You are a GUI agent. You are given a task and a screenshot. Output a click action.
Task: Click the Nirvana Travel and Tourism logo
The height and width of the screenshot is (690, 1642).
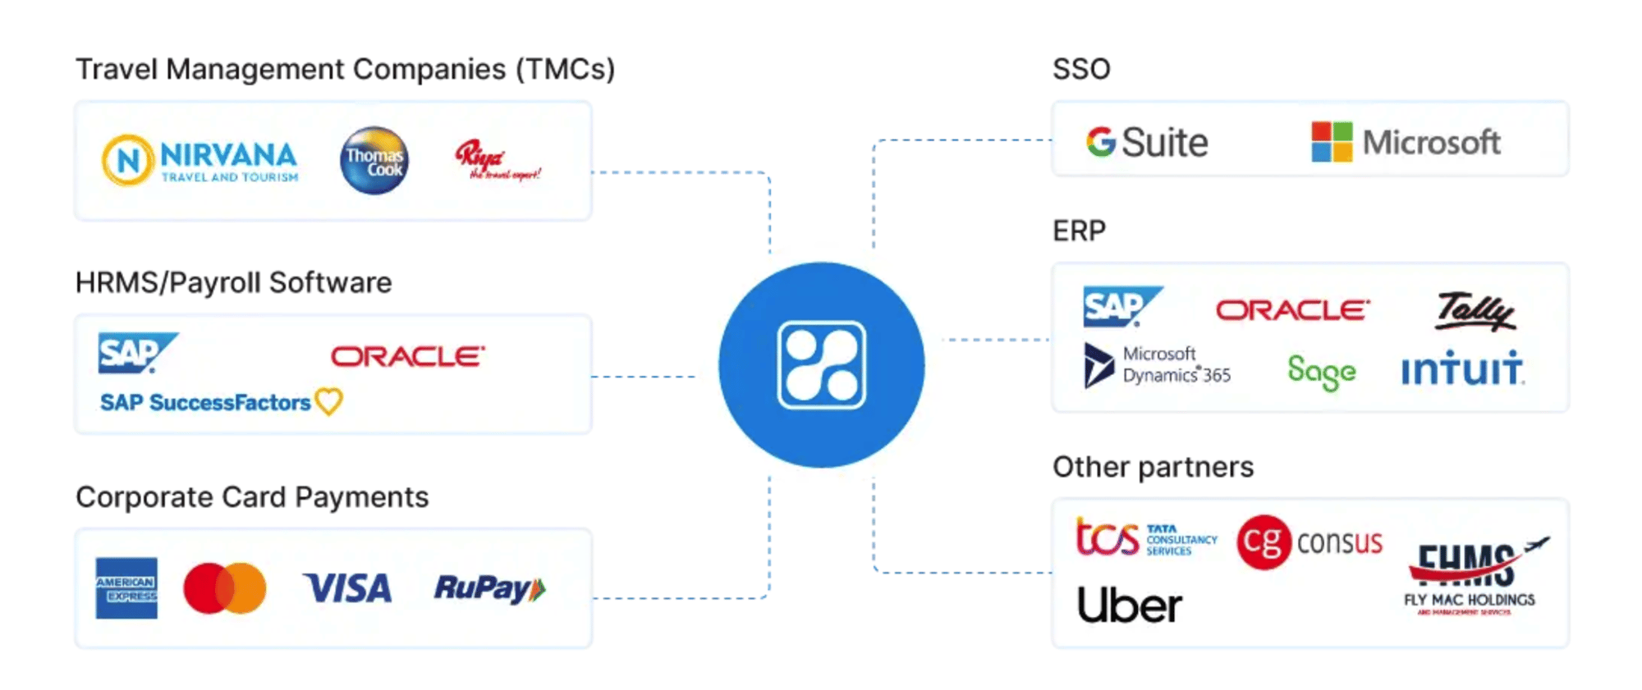[200, 160]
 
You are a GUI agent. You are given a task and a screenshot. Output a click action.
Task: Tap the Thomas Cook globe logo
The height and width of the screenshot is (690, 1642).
[374, 160]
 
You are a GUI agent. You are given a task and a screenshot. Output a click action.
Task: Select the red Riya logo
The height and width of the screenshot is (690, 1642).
[497, 160]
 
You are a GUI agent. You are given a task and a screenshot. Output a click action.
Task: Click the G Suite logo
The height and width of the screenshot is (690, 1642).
[1147, 143]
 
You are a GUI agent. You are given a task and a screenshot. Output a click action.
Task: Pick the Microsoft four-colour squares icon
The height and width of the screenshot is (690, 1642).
[1332, 142]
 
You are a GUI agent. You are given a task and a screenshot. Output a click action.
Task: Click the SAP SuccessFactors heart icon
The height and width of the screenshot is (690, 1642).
[329, 401]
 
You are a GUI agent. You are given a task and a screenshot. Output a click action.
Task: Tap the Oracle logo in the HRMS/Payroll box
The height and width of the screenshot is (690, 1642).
[408, 356]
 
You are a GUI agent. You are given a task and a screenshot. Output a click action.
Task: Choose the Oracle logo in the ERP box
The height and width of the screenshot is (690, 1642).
[1292, 310]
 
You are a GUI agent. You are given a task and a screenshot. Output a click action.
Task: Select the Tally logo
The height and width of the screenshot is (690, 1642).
[1475, 312]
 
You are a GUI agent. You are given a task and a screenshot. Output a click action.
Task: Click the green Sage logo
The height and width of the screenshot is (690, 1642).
[1321, 372]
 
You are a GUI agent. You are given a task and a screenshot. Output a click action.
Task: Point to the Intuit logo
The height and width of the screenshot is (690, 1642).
[1462, 369]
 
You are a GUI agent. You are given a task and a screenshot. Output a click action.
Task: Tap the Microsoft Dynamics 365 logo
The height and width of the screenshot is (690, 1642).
[1158, 366]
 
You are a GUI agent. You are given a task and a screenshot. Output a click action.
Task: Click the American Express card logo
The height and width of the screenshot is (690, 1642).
[126, 588]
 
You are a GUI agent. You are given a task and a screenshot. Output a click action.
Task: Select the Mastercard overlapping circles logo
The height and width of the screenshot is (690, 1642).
[225, 588]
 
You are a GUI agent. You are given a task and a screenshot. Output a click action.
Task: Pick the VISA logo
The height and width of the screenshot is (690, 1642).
[347, 588]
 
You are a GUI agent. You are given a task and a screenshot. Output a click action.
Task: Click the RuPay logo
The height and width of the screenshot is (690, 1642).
[489, 588]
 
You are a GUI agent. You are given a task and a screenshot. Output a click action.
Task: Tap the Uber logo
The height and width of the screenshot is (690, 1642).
[1130, 605]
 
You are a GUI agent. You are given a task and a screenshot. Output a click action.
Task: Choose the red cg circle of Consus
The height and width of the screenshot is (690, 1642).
[1264, 541]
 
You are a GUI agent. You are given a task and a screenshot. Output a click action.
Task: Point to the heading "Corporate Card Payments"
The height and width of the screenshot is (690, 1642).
[252, 497]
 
